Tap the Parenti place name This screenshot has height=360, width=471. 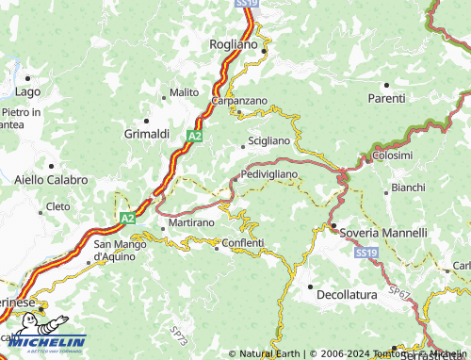tap(386, 97)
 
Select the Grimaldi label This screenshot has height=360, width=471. tap(146, 134)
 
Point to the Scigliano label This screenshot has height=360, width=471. tap(268, 140)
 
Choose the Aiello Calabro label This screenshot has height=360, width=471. tap(51, 179)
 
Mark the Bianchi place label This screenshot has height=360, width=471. tap(408, 188)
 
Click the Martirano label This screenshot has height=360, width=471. tap(192, 222)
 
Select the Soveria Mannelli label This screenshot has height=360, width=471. tap(384, 232)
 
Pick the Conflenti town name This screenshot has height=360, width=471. tap(243, 243)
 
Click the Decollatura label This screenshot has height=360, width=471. tap(347, 294)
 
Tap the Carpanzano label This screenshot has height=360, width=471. tap(239, 101)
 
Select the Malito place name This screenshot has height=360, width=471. tap(184, 92)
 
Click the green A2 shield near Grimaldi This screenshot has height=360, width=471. tap(193, 137)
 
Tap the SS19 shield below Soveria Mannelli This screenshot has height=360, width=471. tap(365, 254)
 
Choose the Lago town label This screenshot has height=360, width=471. tap(28, 91)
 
